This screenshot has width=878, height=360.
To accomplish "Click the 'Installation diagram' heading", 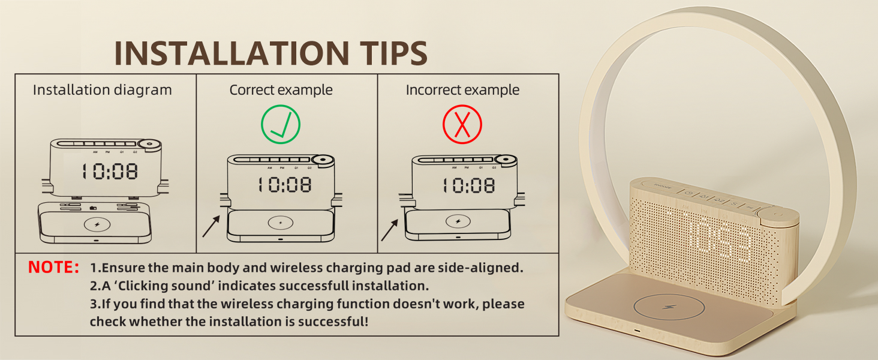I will pyautogui.click(x=102, y=90).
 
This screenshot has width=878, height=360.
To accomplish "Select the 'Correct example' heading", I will pyautogui.click(x=281, y=90).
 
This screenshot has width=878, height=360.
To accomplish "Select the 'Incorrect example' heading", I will pyautogui.click(x=462, y=90).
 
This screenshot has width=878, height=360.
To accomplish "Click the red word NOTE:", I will pyautogui.click(x=53, y=268).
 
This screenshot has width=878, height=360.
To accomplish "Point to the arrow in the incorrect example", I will pyautogui.click(x=390, y=230).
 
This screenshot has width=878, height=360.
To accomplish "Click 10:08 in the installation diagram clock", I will pyautogui.click(x=110, y=172).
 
